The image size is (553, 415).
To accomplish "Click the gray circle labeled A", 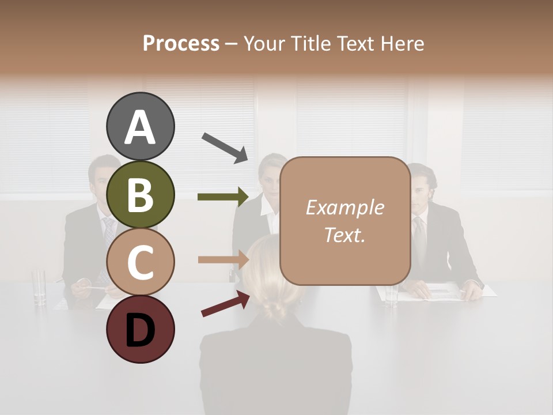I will pyautogui.click(x=141, y=127).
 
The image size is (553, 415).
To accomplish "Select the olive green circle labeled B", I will pyautogui.click(x=141, y=195).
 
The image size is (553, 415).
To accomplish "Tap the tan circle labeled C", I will pyautogui.click(x=141, y=262).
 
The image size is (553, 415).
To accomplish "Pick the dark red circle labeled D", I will pyautogui.click(x=141, y=329).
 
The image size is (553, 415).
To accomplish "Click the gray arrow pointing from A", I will pyautogui.click(x=225, y=148).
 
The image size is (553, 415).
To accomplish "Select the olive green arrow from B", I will pyautogui.click(x=222, y=197).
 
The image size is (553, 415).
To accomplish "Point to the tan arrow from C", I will pyautogui.click(x=222, y=259).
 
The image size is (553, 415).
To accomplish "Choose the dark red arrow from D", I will pyautogui.click(x=225, y=304).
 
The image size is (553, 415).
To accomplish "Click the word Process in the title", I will pyautogui.click(x=181, y=44).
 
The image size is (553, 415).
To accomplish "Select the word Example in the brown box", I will pyautogui.click(x=344, y=207).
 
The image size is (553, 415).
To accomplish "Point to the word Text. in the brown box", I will pyautogui.click(x=344, y=235).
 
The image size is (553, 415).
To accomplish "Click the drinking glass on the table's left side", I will pyautogui.click(x=39, y=286).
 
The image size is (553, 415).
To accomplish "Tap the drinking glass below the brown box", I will pyautogui.click(x=392, y=295).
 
